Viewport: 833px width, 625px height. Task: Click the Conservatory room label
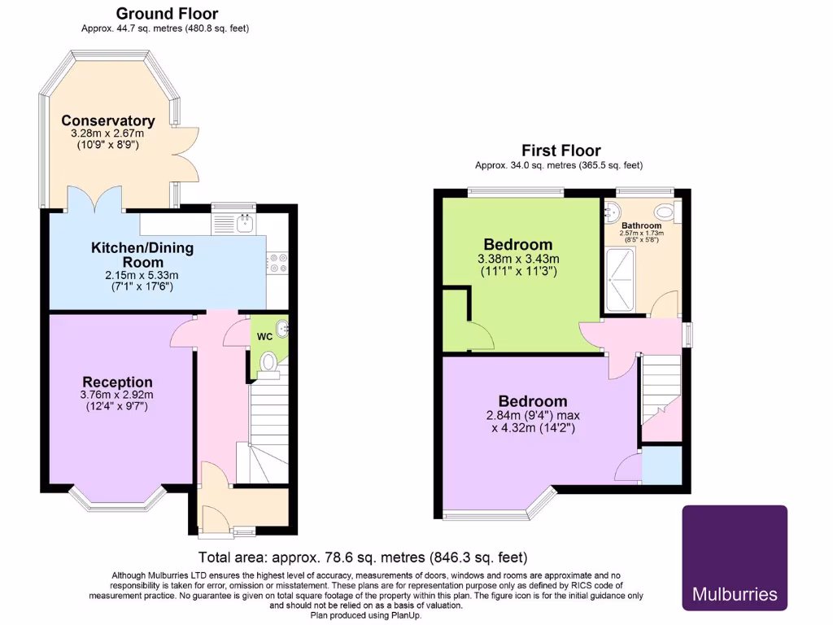[108, 121]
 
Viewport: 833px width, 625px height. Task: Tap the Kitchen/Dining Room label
[142, 255]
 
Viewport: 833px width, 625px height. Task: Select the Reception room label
[117, 382]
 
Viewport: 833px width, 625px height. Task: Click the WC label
[264, 336]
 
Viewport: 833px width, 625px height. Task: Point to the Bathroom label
[641, 225]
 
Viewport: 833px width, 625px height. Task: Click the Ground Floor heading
[167, 13]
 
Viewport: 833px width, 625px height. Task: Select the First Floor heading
[560, 151]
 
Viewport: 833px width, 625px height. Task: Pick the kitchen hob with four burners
[277, 262]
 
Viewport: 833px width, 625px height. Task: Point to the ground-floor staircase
[268, 431]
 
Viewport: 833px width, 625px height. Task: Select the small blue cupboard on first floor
[661, 465]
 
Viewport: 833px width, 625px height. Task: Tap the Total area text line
[363, 557]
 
